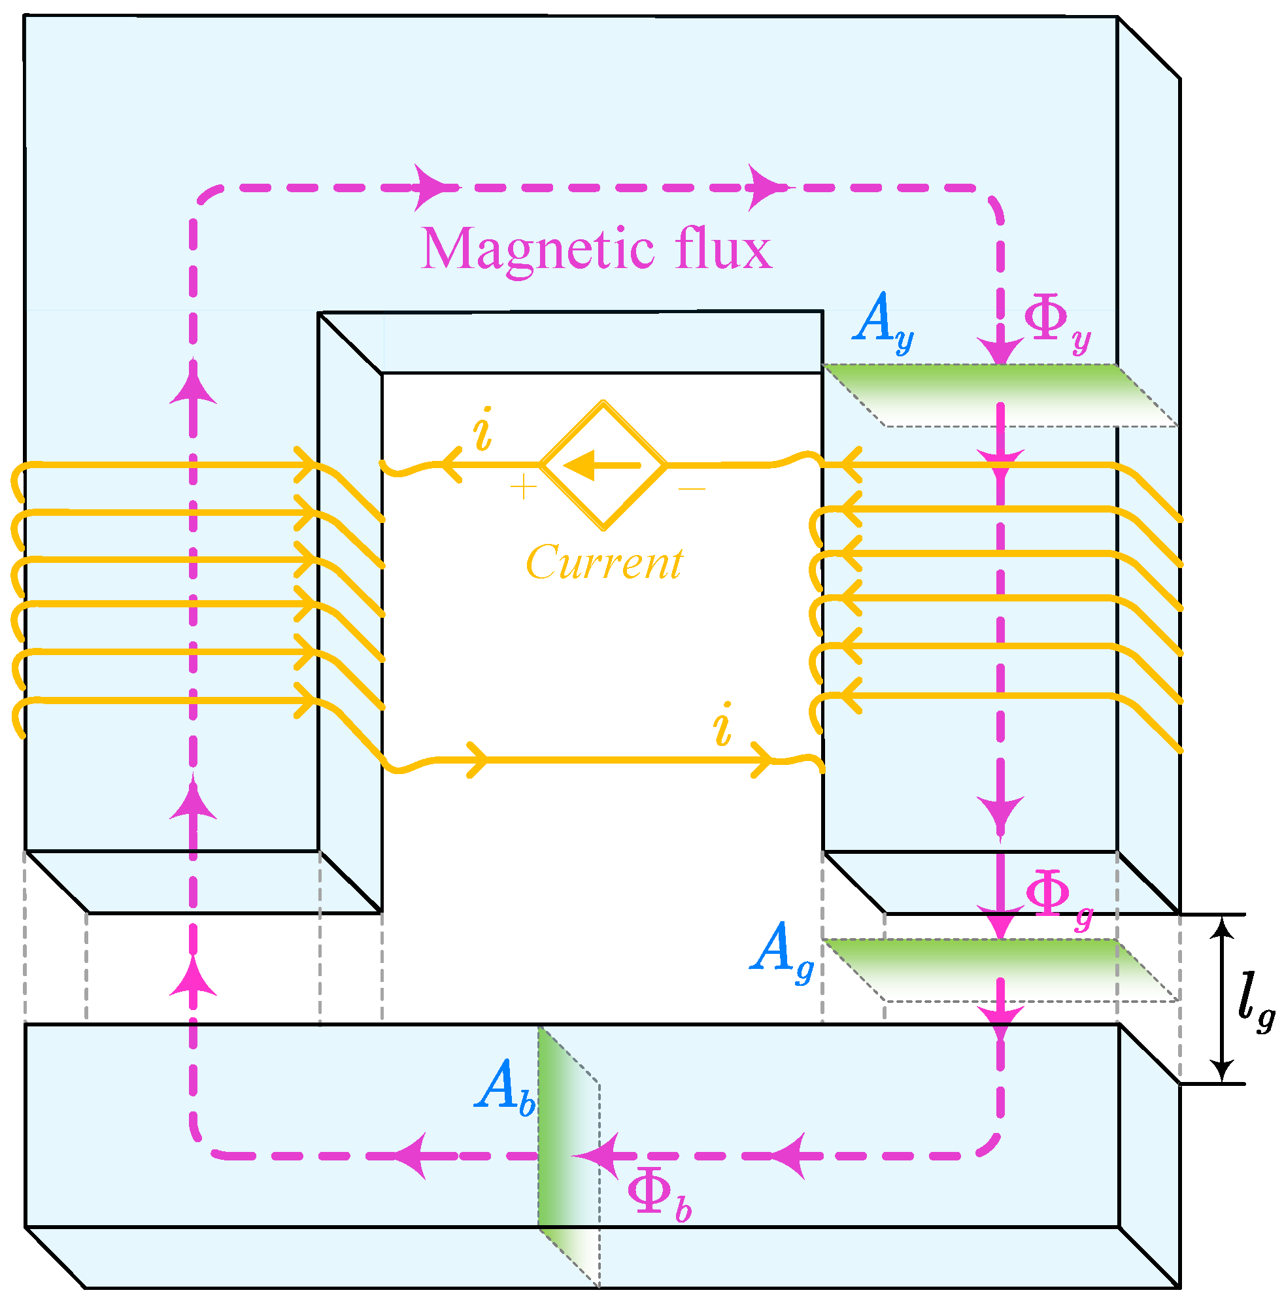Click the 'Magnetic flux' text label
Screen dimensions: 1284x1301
click(596, 248)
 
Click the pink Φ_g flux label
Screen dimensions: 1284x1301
click(1059, 899)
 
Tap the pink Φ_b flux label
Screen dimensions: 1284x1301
click(659, 1197)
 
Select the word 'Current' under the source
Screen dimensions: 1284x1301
click(604, 562)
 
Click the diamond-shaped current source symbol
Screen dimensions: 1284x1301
click(604, 465)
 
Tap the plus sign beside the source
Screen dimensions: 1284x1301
click(523, 486)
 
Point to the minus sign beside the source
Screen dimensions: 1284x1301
click(692, 488)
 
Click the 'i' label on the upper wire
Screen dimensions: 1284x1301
click(482, 428)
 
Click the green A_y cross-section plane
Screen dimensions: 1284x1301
click(1000, 396)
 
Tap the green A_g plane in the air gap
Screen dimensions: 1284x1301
click(1000, 970)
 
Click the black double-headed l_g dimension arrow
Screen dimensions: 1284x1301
click(1222, 1000)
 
